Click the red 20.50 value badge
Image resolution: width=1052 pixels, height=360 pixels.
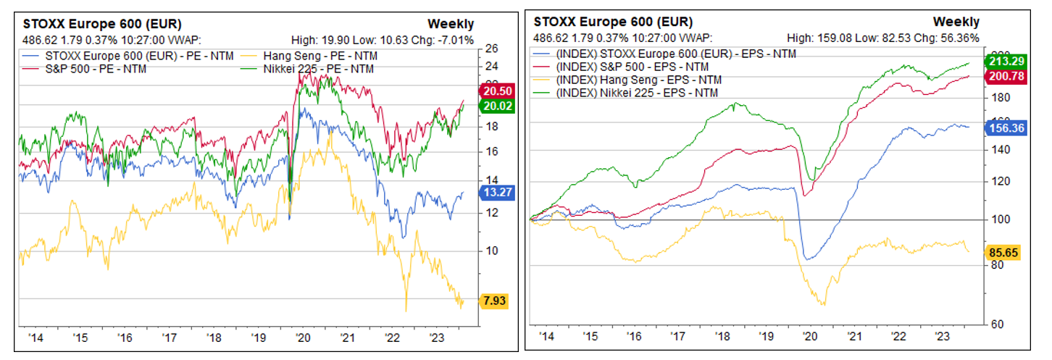click(494, 91)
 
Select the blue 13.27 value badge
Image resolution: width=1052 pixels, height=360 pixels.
click(494, 192)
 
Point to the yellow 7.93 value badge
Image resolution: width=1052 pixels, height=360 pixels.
click(494, 301)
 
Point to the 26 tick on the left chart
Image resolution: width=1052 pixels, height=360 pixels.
click(493, 49)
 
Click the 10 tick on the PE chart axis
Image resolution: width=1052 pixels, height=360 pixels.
click(491, 251)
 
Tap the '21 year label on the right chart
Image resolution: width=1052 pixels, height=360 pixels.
click(855, 337)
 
